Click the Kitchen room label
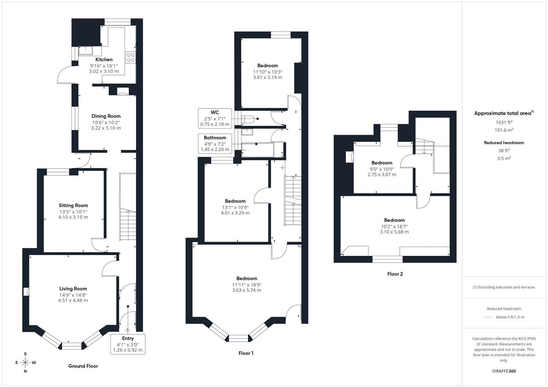point(104,59)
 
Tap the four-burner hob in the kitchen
point(131,57)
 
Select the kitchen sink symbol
point(85,51)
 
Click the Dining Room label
point(106,116)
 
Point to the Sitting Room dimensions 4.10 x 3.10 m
point(73,217)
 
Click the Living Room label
point(73,289)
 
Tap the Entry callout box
point(128,344)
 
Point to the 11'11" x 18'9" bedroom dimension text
point(247,285)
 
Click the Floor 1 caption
point(246,353)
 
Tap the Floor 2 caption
point(395,274)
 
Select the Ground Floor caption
point(83,366)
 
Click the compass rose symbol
point(25,363)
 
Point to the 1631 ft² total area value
point(504,122)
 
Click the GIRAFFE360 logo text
point(504,371)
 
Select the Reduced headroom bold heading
point(504,143)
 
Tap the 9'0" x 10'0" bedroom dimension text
point(381,169)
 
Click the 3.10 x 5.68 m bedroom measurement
point(394,232)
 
